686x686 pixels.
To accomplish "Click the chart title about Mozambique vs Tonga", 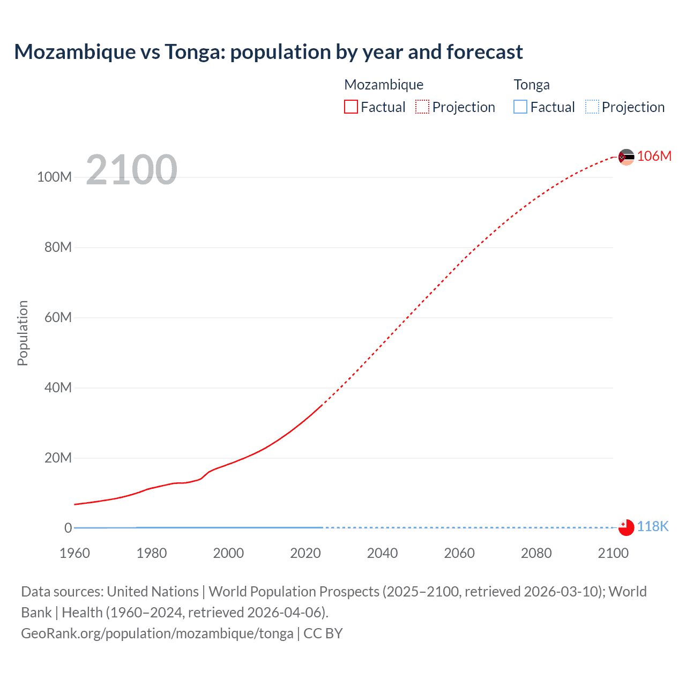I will click(269, 52).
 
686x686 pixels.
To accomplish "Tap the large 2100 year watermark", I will click(131, 170).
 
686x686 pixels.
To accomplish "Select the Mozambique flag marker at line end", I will click(626, 157).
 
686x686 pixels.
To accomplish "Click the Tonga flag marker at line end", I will click(626, 527).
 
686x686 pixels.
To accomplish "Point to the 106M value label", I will click(654, 156).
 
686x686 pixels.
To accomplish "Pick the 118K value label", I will click(653, 526).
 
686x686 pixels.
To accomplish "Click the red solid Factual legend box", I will click(351, 107).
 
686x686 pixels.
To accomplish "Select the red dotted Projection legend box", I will click(422, 107).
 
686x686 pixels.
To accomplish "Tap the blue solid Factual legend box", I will click(520, 107).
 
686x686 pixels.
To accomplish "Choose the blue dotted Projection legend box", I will click(592, 107).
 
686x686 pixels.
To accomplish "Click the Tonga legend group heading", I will click(532, 85).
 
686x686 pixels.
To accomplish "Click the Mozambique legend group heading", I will click(384, 85).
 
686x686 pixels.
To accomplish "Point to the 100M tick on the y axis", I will click(54, 177).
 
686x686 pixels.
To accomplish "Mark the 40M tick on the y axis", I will click(58, 387).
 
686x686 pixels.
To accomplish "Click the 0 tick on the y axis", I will click(68, 528).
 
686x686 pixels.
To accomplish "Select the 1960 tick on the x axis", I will click(74, 553).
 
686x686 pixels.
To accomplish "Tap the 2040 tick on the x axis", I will click(382, 553).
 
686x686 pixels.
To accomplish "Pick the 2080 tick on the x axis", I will click(536, 553).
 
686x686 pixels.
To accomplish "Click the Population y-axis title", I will click(23, 333).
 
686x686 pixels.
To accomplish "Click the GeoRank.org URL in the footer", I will click(157, 633).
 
